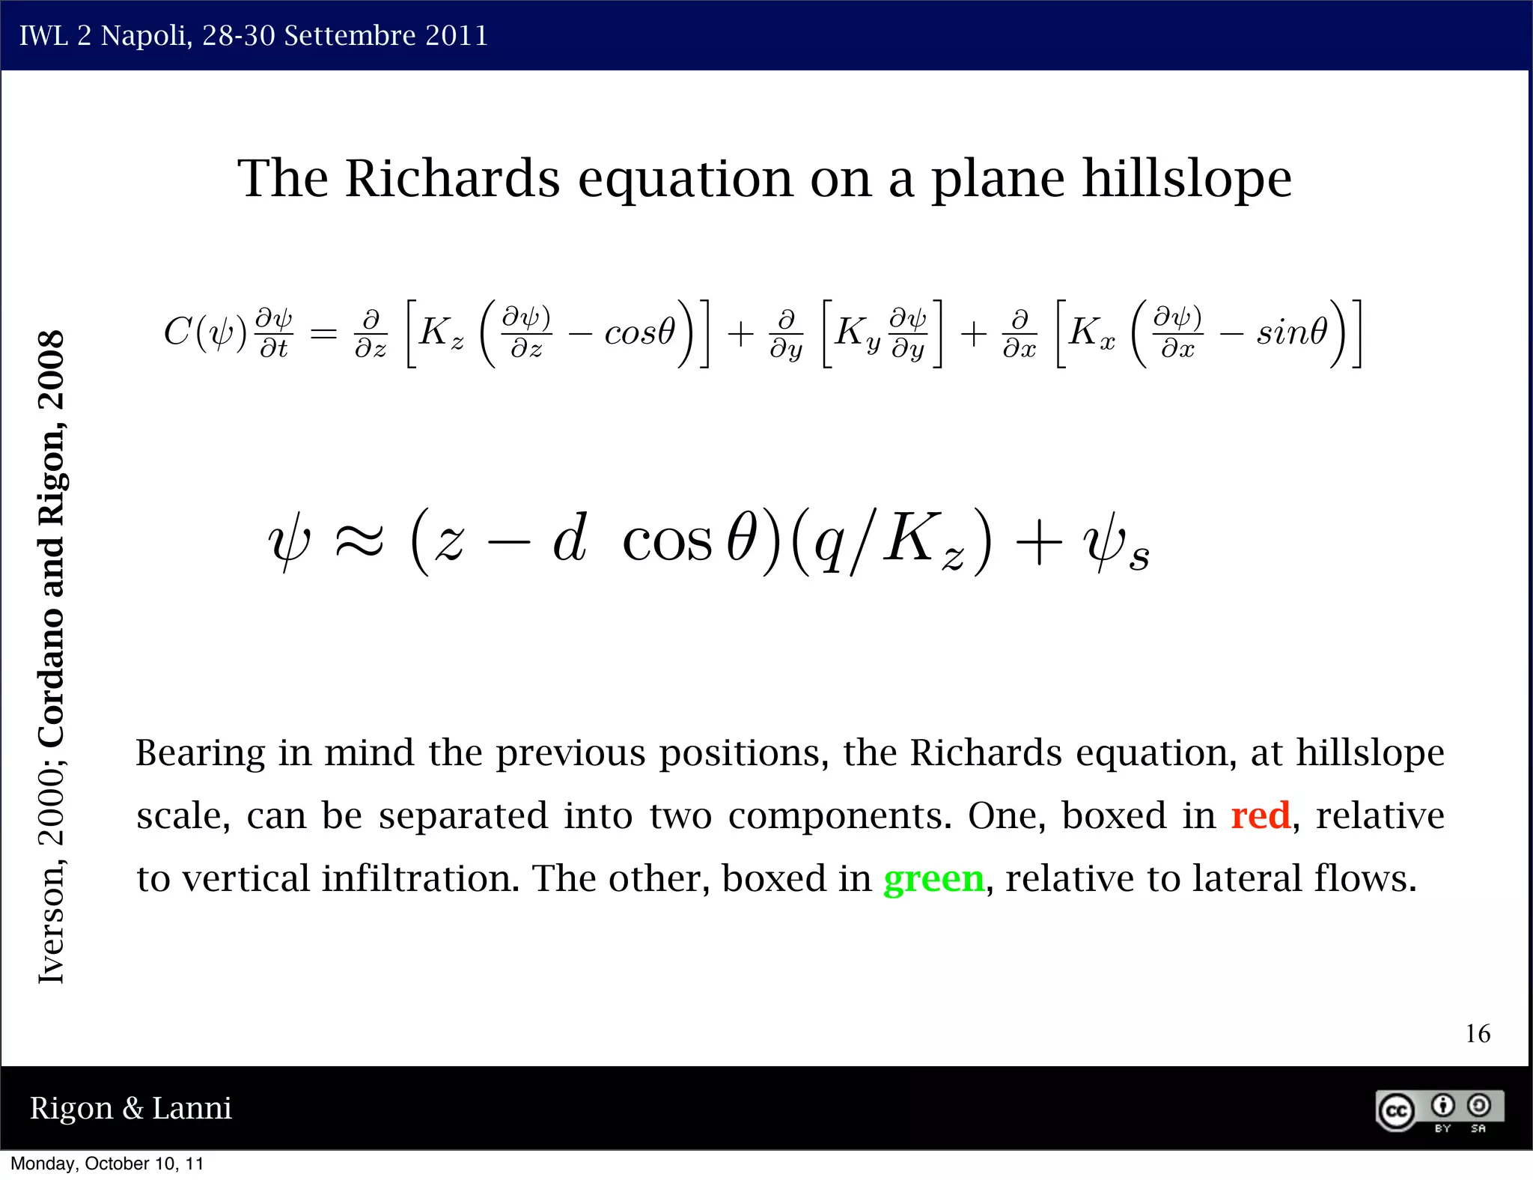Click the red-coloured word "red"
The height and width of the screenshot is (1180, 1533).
[1261, 815]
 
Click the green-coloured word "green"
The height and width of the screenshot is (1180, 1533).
[933, 879]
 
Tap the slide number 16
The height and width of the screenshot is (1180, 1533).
[1478, 1034]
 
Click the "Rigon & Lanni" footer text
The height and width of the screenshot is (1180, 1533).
[130, 1108]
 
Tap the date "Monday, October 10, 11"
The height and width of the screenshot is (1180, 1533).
[107, 1164]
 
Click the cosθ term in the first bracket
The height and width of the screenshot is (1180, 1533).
[639, 332]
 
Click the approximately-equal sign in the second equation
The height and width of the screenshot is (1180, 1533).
[359, 540]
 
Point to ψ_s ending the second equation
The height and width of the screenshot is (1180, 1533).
[1115, 542]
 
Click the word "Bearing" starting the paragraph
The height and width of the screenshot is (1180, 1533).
[200, 753]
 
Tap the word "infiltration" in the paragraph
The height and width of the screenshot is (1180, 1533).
[420, 879]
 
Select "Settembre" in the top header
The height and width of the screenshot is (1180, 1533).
[350, 35]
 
